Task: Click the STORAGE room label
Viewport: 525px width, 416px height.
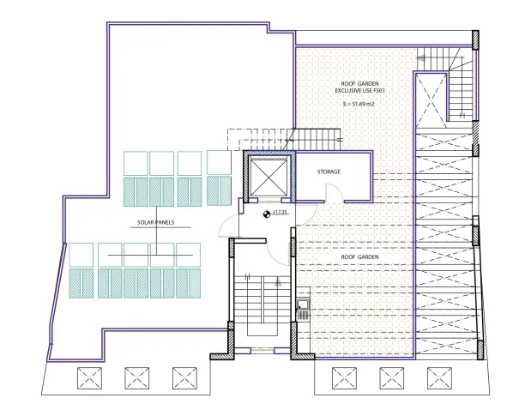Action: pyautogui.click(x=329, y=172)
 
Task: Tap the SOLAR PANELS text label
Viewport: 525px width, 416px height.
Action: pyautogui.click(x=155, y=222)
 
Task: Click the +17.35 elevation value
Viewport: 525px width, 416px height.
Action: pyautogui.click(x=280, y=212)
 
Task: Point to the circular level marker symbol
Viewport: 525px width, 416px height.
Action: pyautogui.click(x=267, y=214)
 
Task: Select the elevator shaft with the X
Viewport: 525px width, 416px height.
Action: pyautogui.click(x=269, y=177)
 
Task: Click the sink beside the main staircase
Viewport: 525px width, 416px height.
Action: pyautogui.click(x=303, y=310)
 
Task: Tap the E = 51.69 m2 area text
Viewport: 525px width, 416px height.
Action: pyautogui.click(x=359, y=104)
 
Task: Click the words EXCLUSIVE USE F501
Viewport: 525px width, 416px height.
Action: pyautogui.click(x=360, y=91)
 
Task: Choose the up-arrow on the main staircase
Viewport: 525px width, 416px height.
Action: pyautogui.click(x=278, y=282)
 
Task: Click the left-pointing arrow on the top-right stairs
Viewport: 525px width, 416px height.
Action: pyautogui.click(x=421, y=58)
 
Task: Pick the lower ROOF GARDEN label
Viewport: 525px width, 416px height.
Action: pyautogui.click(x=359, y=257)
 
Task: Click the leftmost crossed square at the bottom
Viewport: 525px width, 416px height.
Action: pyautogui.click(x=89, y=378)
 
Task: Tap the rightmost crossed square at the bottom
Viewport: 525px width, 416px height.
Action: pyautogui.click(x=439, y=378)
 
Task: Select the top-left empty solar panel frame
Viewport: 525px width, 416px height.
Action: pyautogui.click(x=136, y=163)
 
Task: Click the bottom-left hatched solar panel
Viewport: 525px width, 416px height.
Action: pyautogui.click(x=81, y=283)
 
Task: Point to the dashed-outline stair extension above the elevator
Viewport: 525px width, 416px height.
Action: pyautogui.click(x=257, y=139)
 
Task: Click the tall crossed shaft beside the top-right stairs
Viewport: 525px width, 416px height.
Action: pyautogui.click(x=431, y=99)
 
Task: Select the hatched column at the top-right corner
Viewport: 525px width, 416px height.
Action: pyautogui.click(x=475, y=40)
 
